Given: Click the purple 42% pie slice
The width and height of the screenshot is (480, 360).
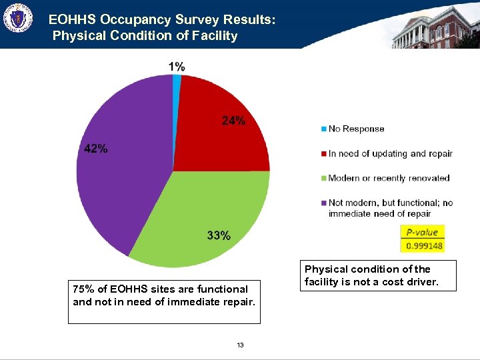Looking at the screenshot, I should coord(120,180).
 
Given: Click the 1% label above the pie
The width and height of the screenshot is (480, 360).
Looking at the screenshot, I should coord(177,66).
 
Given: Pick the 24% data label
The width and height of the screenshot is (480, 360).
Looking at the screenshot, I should coord(233,121).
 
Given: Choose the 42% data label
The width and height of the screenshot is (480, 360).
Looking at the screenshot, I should coord(96,149).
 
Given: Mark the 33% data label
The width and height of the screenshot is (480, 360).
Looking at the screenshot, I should coord(219,235).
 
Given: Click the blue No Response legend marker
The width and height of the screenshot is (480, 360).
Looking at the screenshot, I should coord(324,129).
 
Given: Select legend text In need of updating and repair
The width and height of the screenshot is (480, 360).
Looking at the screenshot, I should coord(390,153).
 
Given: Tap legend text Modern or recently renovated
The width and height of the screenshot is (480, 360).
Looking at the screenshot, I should coord(389,178).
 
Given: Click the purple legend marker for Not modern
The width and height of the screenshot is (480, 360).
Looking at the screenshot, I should coord(324,203).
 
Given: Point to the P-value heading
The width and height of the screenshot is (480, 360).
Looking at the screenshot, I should coord(422,232).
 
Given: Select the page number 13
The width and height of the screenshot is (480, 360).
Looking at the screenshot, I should coord(240,345).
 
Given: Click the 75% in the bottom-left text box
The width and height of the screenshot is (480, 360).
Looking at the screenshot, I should coord(83,289).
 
